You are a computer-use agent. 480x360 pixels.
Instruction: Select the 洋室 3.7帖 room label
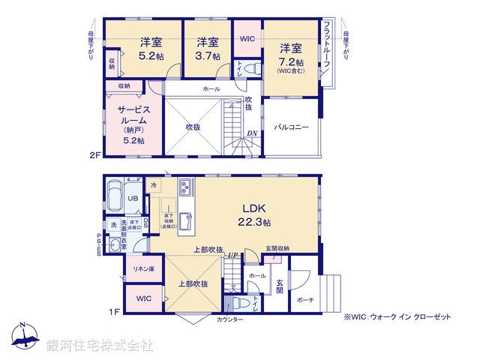tap(208, 49)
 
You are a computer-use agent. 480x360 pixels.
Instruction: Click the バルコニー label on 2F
tap(291, 127)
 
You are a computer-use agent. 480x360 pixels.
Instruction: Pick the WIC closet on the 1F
tap(144, 298)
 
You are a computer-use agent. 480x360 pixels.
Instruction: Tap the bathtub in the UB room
tap(115, 196)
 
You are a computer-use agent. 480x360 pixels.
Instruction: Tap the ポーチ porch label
tap(305, 300)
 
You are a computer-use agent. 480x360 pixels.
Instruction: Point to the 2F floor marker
tap(93, 157)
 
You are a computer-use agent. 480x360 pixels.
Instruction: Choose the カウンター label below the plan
tap(230, 319)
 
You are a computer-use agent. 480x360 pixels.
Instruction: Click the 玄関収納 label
tap(277, 248)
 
